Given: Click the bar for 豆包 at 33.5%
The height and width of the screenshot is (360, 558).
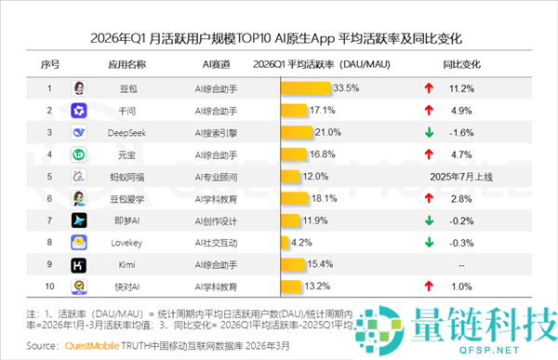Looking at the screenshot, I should click(305, 88).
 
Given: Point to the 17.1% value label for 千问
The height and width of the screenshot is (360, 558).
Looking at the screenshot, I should click(322, 111).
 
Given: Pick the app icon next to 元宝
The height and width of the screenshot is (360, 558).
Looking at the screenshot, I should click(79, 154).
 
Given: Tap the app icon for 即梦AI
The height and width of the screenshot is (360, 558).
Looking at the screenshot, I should click(79, 220).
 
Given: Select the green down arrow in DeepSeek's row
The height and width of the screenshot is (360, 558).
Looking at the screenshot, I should click(429, 132).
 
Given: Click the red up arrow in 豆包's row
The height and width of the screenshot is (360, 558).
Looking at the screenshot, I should click(429, 88).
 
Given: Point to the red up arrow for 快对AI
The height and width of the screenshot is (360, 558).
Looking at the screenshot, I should click(429, 287).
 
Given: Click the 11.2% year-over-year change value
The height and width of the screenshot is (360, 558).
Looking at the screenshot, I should click(461, 88).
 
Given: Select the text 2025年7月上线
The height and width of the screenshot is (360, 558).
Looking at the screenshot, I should click(461, 177).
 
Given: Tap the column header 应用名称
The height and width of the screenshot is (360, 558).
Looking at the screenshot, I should click(126, 64).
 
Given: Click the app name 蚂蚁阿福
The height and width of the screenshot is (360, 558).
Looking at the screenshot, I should click(126, 177).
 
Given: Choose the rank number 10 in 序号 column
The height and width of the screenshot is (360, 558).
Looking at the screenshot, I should click(49, 287).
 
